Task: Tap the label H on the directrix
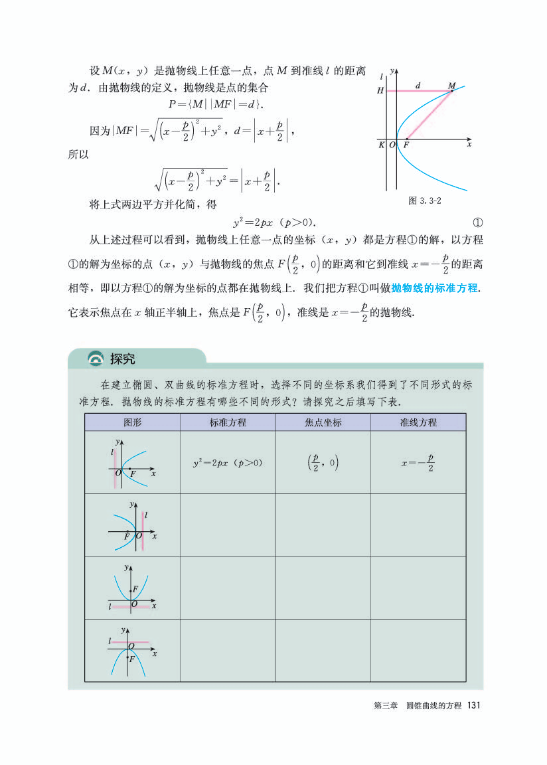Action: click(x=380, y=90)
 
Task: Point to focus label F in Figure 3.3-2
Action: click(x=406, y=145)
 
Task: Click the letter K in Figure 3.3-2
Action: click(x=382, y=145)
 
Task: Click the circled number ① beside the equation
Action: click(x=477, y=222)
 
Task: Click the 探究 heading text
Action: click(x=122, y=359)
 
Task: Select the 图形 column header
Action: click(x=132, y=422)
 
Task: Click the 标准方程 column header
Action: click(x=227, y=422)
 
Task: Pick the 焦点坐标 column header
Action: click(x=323, y=422)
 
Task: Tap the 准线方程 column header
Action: click(x=418, y=422)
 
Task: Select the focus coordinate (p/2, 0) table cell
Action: click(x=323, y=462)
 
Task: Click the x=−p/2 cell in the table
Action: click(x=418, y=462)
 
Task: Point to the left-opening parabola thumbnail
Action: click(x=132, y=525)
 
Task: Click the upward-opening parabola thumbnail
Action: click(x=132, y=588)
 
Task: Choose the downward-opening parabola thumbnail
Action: click(x=132, y=650)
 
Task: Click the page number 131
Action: click(x=473, y=705)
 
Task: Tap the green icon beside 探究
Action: click(x=97, y=359)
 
